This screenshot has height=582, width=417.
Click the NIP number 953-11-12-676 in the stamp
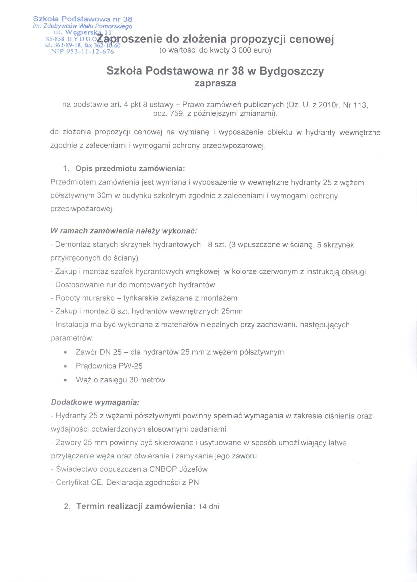pos(82,51)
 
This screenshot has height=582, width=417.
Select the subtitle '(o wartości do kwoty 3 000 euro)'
pos(215,50)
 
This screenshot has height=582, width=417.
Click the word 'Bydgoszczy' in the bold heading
pos(292,71)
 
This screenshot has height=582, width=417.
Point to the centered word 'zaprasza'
pos(215,84)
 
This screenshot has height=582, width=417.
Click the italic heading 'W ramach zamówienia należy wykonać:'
pos(124,231)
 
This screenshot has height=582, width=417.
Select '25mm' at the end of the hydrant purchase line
pos(232,311)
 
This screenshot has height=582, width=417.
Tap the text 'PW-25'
pos(131,366)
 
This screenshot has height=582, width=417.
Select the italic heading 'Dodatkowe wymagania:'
pos(95,402)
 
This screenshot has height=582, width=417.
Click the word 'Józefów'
pos(193,469)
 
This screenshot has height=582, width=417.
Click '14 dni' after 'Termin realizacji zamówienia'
pos(209,506)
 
